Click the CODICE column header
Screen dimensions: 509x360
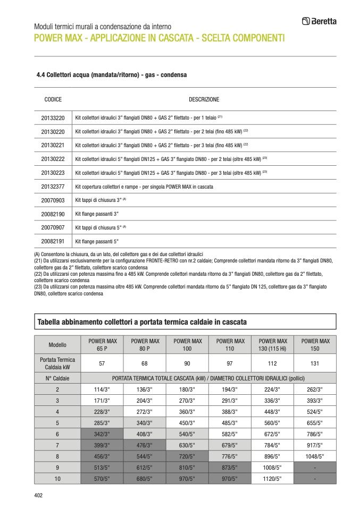coord(53,99)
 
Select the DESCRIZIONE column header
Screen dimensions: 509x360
coord(204,99)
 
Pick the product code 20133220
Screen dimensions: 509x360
coord(53,118)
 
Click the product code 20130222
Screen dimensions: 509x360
coord(53,159)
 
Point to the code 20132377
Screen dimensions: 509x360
coord(53,186)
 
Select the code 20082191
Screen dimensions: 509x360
coord(53,241)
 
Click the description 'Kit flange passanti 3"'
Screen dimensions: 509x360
coord(97,214)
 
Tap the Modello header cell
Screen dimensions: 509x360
coord(57,344)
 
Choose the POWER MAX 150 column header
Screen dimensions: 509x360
coord(315,344)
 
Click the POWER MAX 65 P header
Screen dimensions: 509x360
coord(102,344)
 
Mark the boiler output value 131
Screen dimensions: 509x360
coord(315,363)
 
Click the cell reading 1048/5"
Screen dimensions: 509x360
coord(315,456)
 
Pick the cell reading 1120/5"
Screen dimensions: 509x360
coord(272,479)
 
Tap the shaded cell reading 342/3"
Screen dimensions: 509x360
coord(102,434)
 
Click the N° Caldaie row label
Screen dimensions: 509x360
coord(57,378)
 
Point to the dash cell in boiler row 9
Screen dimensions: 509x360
coord(315,468)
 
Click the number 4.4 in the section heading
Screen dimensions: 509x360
coord(40,75)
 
